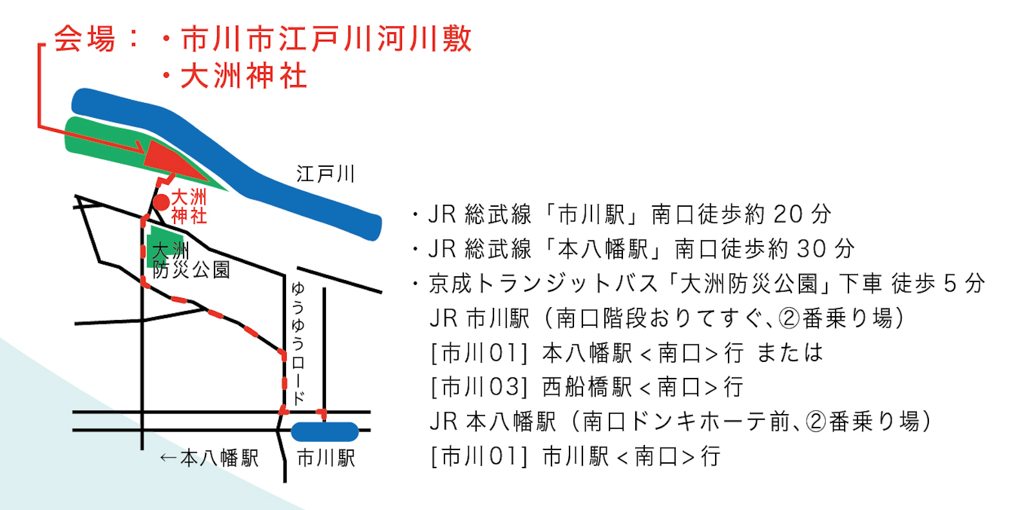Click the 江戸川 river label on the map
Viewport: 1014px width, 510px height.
325,174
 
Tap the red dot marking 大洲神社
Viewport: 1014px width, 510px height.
160,202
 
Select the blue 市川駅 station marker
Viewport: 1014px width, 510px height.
325,431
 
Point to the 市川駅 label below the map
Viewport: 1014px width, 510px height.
326,458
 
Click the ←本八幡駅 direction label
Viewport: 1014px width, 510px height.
209,458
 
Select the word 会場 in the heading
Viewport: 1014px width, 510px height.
84,39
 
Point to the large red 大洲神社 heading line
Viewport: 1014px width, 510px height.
244,76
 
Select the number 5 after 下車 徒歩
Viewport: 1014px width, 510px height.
950,283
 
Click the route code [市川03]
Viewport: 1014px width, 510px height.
479,387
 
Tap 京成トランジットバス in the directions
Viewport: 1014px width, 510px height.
544,283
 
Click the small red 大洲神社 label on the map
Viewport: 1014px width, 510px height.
189,206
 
